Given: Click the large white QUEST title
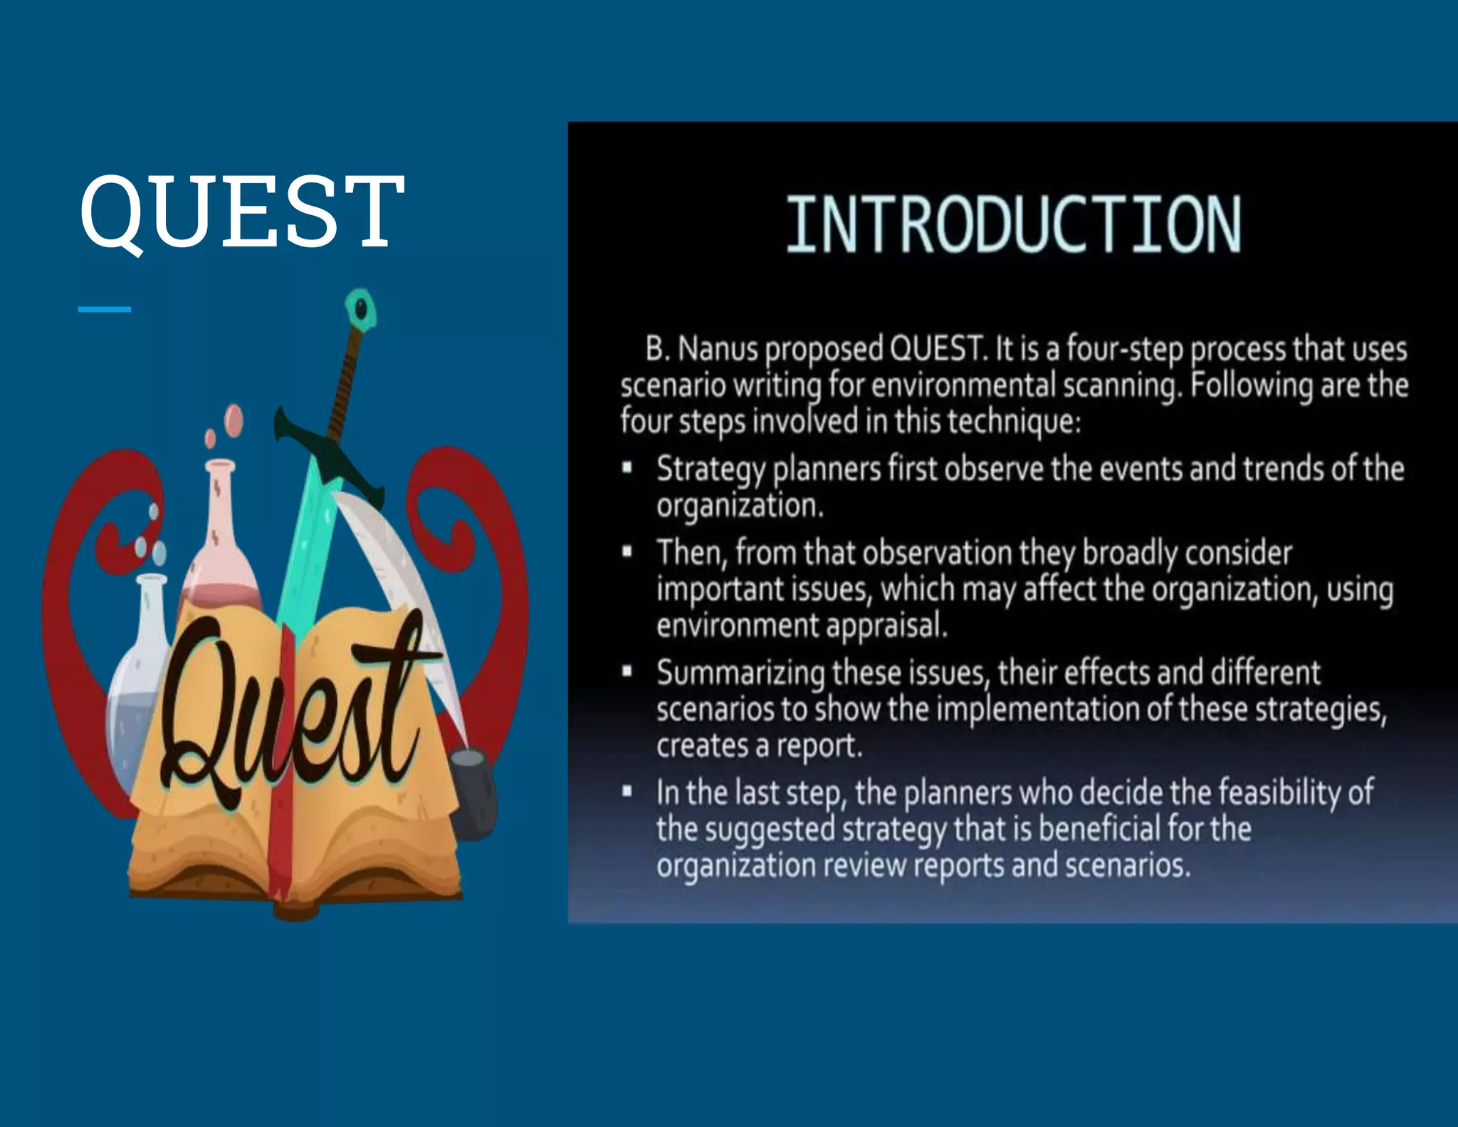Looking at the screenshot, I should click(242, 212).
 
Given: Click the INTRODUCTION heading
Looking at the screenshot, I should click(1013, 225).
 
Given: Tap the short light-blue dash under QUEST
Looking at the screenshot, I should click(104, 309).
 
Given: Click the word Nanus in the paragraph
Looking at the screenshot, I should click(718, 349).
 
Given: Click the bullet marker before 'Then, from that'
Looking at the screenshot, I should click(627, 552).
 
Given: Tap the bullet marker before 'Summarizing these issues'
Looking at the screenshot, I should click(627, 671).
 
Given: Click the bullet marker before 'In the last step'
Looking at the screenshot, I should click(627, 791).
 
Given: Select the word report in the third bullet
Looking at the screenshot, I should click(819, 746).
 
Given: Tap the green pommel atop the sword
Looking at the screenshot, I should click(361, 309).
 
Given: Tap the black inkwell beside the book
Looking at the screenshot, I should click(472, 791).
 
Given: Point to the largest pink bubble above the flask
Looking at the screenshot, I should click(234, 420).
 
